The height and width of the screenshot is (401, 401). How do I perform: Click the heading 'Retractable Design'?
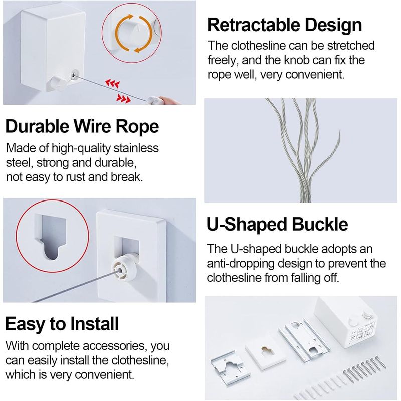click(x=284, y=25)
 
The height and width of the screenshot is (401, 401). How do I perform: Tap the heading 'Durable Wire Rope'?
click(x=82, y=127)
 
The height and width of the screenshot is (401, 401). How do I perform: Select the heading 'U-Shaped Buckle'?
click(x=277, y=224)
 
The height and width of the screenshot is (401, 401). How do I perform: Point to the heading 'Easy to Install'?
click(x=62, y=324)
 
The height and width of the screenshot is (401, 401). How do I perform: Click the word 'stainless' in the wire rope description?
click(x=136, y=148)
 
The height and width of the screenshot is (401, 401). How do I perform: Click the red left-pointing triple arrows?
click(x=112, y=83)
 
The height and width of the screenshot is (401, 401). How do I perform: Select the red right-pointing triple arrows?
click(x=123, y=98)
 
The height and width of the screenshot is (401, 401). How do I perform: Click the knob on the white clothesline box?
click(x=58, y=82)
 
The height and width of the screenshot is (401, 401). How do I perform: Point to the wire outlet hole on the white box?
click(x=74, y=75)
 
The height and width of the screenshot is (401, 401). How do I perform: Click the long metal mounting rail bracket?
click(x=304, y=339)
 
